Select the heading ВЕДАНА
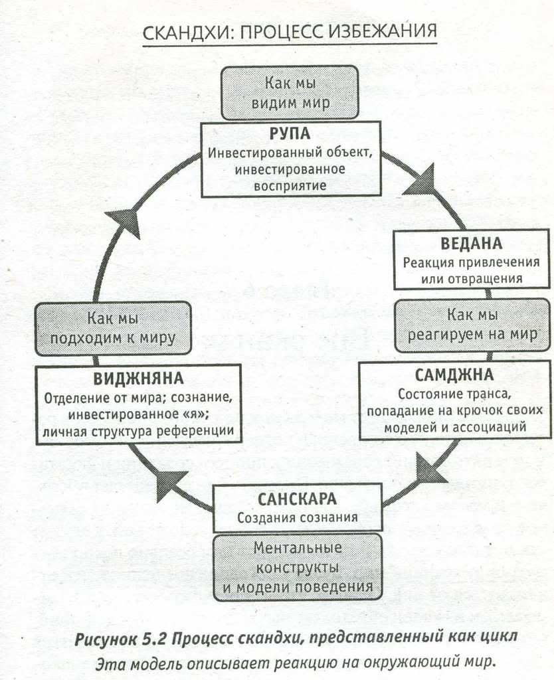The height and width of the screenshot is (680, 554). [471, 243]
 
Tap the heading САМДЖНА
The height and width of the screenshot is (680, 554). [454, 375]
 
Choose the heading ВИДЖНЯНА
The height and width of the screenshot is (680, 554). [138, 380]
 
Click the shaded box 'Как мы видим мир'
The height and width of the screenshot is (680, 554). [290, 93]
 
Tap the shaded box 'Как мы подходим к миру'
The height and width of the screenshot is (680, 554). [113, 328]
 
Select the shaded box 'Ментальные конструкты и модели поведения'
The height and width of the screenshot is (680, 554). [298, 567]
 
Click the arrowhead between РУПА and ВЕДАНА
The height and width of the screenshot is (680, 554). [421, 181]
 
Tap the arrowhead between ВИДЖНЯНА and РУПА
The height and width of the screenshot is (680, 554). [126, 220]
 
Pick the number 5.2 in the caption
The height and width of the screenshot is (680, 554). [155, 639]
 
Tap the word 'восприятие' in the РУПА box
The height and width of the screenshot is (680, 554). [290, 185]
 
